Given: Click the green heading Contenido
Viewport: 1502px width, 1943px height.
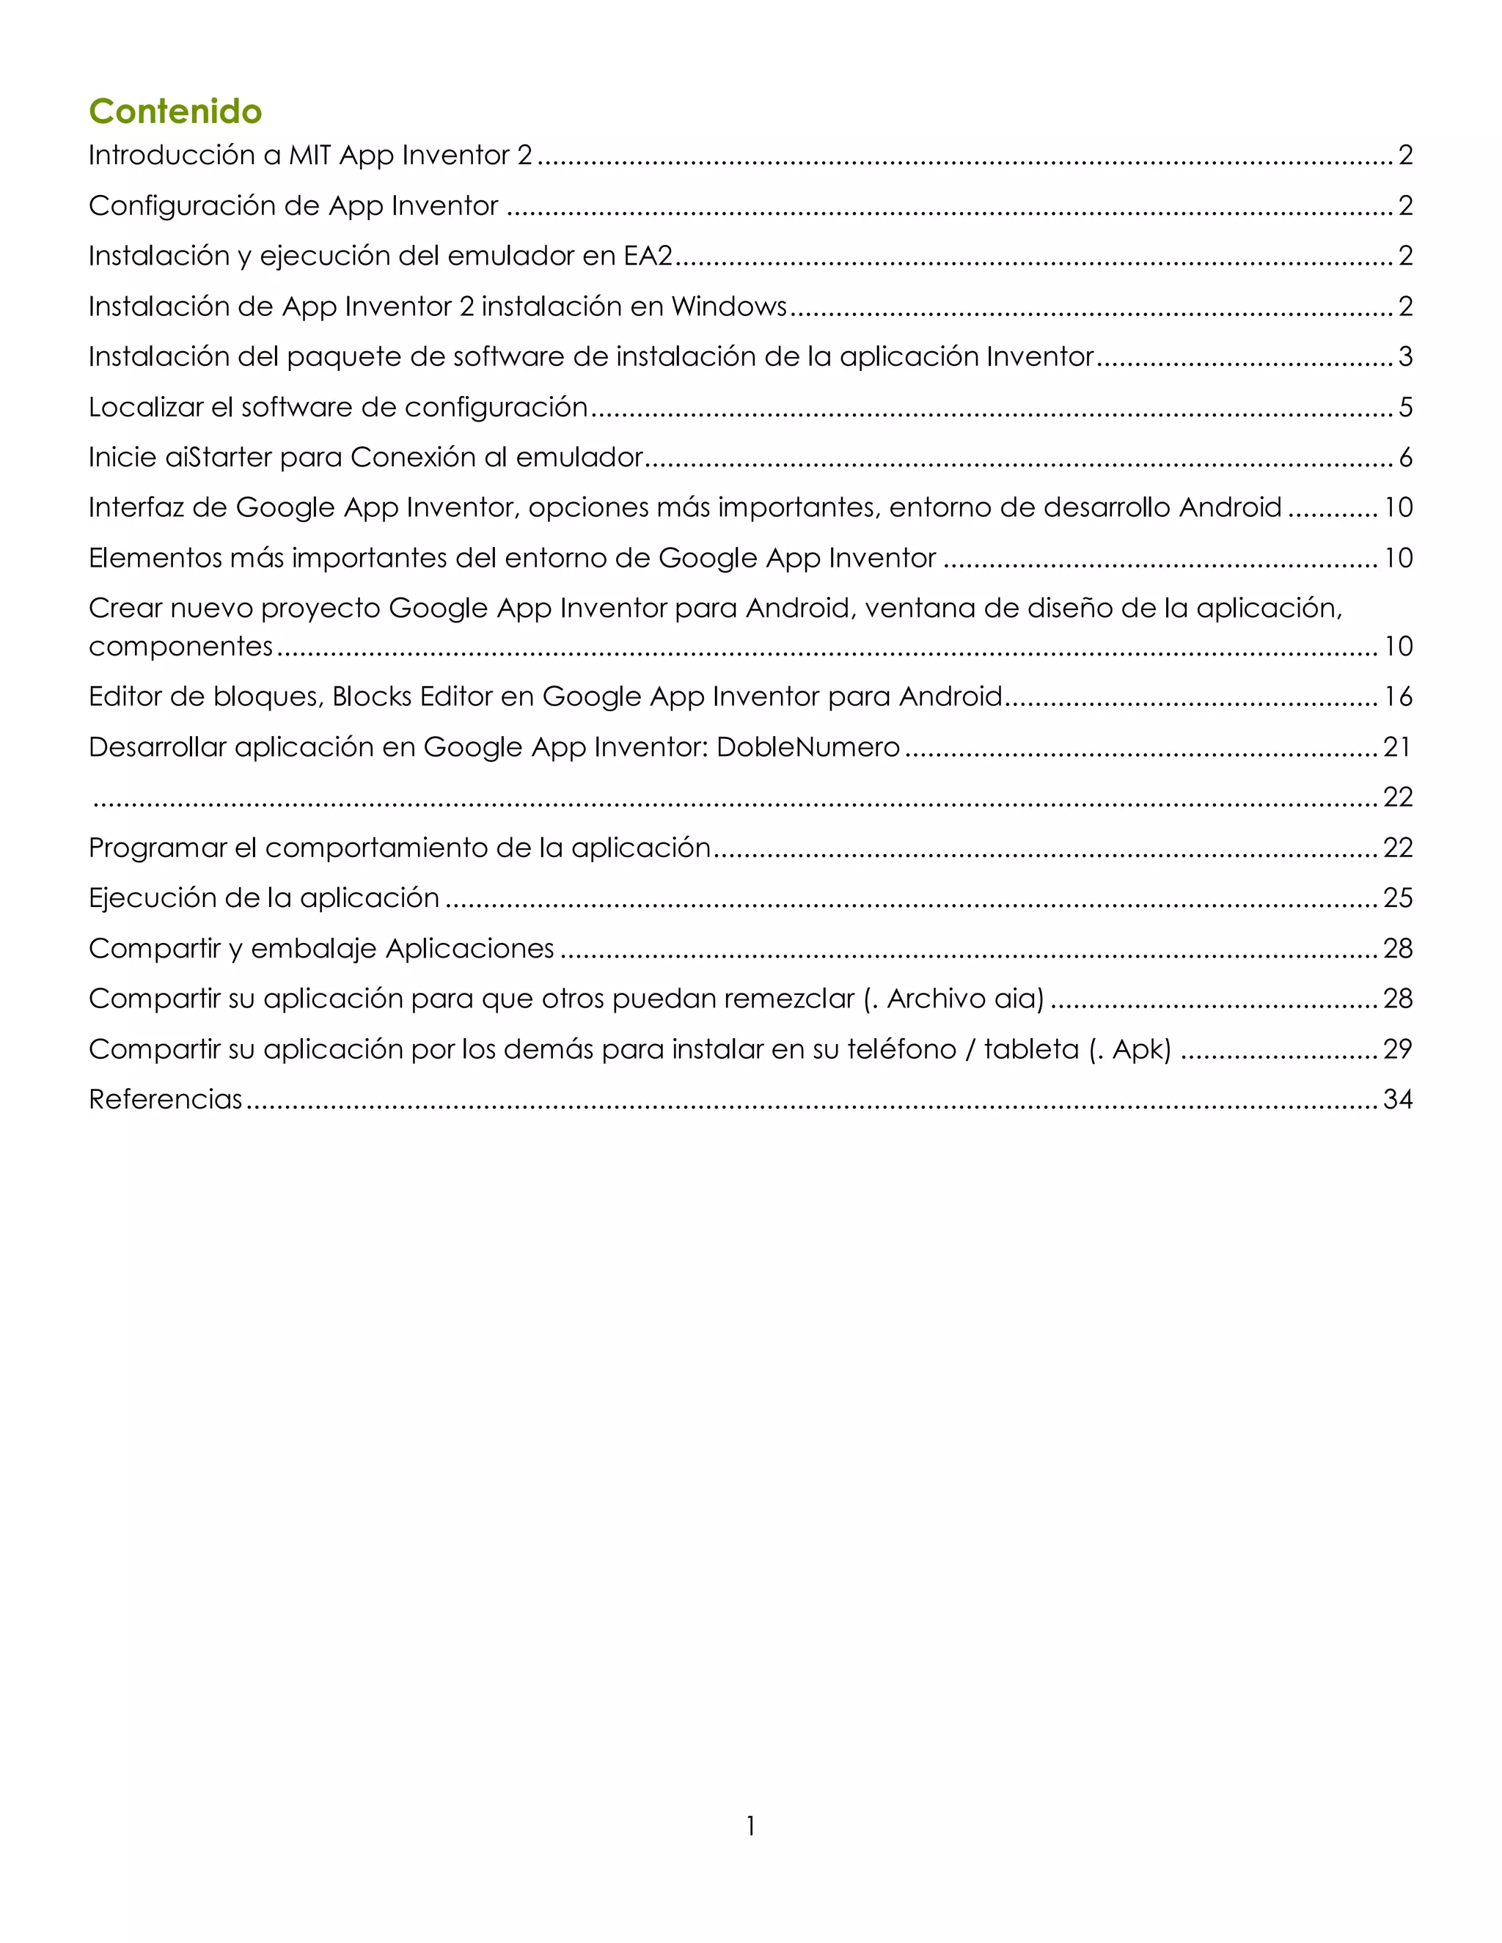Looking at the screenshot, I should click(x=175, y=111).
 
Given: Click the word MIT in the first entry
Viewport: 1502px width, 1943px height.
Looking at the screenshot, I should click(x=309, y=155).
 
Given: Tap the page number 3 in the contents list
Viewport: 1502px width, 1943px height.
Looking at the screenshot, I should click(x=1405, y=357).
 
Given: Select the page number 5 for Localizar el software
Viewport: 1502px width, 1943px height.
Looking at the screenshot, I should click(x=1405, y=408).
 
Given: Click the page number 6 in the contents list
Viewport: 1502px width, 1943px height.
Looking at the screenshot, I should click(x=1405, y=458).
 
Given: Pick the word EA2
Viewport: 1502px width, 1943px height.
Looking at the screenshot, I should click(x=648, y=256).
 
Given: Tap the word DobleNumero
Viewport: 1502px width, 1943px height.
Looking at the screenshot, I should click(x=808, y=746).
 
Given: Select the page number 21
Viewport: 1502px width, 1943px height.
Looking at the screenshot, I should click(x=1397, y=746).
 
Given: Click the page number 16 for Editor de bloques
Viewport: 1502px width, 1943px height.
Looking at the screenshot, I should click(x=1398, y=697).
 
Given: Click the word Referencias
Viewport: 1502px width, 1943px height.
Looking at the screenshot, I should click(x=166, y=1100).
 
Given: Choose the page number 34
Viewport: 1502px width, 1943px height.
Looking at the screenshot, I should click(x=1398, y=1100).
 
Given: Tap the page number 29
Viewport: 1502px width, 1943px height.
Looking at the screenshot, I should click(x=1398, y=1049).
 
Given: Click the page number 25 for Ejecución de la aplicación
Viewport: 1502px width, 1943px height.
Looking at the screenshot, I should click(x=1398, y=897).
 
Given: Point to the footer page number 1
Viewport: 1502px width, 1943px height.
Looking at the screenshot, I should click(x=751, y=1826).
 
